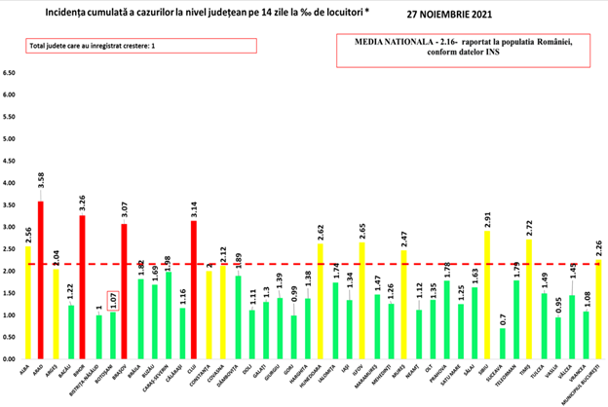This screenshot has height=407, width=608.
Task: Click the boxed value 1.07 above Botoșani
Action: [112, 296]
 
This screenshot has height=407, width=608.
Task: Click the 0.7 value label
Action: [501, 316]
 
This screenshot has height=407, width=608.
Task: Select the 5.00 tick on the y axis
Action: [10, 139]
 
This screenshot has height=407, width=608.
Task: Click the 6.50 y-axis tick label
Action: [10, 73]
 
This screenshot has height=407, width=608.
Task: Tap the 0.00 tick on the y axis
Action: [10, 359]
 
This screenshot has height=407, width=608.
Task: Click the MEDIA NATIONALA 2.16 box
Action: [466, 51]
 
